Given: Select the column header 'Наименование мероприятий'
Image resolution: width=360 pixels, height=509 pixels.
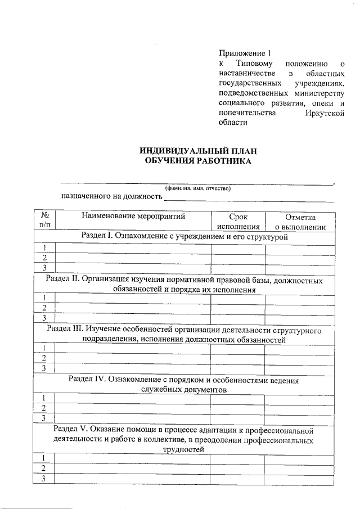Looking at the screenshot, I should pyautogui.click(x=133, y=216).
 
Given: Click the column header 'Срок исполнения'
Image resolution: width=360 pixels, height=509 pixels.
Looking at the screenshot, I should pyautogui.click(x=238, y=222).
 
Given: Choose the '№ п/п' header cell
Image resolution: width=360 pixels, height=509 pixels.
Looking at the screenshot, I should pyautogui.click(x=44, y=221).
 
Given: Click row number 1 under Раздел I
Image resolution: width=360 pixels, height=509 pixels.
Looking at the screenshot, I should pyautogui.click(x=44, y=248).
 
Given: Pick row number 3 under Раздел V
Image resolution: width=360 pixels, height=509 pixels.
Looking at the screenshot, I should pyautogui.click(x=44, y=478).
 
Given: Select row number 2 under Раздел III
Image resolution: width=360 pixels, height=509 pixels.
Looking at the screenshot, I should pyautogui.click(x=44, y=358).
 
